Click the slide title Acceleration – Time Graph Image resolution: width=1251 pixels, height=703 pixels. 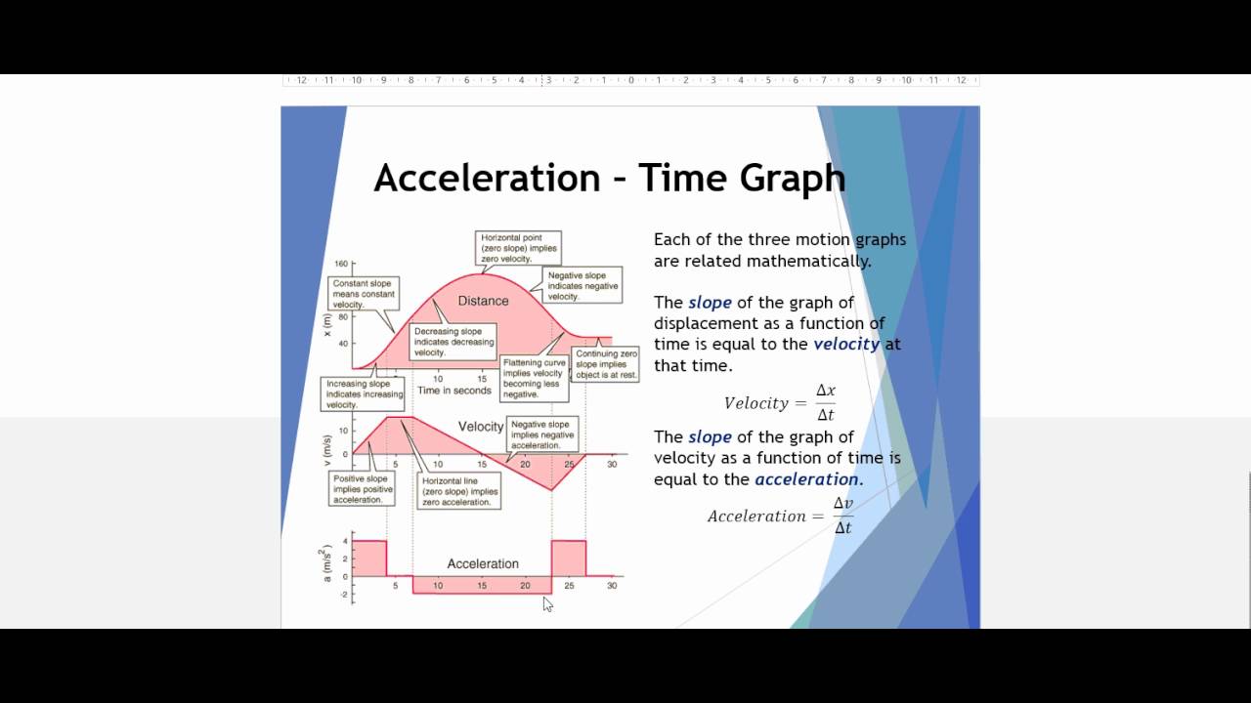point(609,178)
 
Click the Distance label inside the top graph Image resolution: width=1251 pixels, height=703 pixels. point(483,301)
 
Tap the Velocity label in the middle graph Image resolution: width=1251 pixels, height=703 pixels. point(481,427)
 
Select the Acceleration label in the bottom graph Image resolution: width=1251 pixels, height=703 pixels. point(482,563)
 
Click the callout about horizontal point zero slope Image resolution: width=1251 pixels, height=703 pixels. point(519,248)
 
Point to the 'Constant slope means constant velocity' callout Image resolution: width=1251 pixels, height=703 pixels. point(363,294)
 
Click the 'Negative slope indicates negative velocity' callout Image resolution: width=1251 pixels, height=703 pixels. point(582,281)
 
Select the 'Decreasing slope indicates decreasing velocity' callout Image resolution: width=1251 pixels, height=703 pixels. point(453,342)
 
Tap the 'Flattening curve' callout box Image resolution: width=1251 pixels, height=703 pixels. point(533,378)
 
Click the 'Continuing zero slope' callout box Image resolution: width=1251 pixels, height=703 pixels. point(606,364)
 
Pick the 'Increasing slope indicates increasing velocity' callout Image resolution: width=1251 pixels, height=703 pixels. point(363,394)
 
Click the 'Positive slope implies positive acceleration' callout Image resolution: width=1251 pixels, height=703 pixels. point(362,489)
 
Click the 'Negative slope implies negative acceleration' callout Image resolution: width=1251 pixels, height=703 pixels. point(542,434)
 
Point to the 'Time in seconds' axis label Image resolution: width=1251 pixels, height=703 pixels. point(453,391)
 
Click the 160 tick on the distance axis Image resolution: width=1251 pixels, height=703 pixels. point(341,264)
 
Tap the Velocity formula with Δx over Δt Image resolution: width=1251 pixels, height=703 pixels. point(779,402)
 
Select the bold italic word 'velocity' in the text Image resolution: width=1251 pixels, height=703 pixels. point(846,344)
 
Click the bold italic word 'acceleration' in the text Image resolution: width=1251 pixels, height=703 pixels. point(806,479)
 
